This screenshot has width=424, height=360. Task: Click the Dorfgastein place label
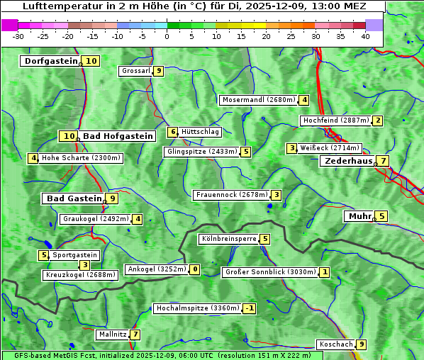click(x=50, y=61)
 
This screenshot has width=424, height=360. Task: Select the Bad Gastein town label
click(x=74, y=198)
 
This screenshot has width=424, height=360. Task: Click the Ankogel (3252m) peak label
click(x=157, y=269)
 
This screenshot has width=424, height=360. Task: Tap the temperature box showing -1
click(x=249, y=308)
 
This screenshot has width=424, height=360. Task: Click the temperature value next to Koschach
click(x=362, y=344)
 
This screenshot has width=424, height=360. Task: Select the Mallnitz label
click(x=112, y=334)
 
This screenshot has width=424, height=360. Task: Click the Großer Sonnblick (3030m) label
click(x=269, y=271)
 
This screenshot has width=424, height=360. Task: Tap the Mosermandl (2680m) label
click(x=258, y=100)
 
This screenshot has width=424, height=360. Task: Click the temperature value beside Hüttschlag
click(x=172, y=132)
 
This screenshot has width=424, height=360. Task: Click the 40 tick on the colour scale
click(x=365, y=36)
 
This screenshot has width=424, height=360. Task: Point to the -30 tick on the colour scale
click(x=18, y=36)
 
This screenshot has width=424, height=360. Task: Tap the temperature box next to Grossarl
click(x=159, y=71)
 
